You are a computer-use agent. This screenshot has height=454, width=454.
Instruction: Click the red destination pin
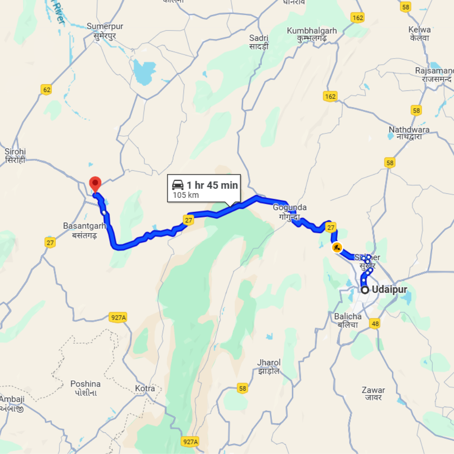pyautogui.click(x=95, y=183)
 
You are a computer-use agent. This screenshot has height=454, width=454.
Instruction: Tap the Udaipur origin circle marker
pyautogui.click(x=365, y=290)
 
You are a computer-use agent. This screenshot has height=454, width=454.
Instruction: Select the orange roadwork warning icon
pyautogui.click(x=337, y=247)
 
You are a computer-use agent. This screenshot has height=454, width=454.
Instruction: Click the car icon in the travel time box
pyautogui.click(x=178, y=185)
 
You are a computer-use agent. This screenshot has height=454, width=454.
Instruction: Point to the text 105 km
pyautogui.click(x=186, y=195)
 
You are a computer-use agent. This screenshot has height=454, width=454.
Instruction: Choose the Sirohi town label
pyautogui.click(x=15, y=156)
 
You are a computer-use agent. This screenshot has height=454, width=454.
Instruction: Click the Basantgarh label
pyautogui.click(x=84, y=230)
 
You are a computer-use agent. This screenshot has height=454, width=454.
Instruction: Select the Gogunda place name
pyautogui.click(x=290, y=212)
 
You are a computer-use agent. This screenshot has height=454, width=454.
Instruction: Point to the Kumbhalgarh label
pyautogui.click(x=312, y=35)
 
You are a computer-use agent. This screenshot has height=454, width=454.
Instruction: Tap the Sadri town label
pyautogui.click(x=259, y=42)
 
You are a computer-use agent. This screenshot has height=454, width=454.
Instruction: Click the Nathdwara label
pyautogui.click(x=409, y=133)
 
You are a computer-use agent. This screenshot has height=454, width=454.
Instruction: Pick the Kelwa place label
pyautogui.click(x=420, y=34)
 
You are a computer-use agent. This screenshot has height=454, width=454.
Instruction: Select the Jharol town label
pyautogui.click(x=269, y=367)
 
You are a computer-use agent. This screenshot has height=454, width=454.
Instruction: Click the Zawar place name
pyautogui.click(x=373, y=394)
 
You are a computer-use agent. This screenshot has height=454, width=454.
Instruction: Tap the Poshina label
pyautogui.click(x=85, y=388)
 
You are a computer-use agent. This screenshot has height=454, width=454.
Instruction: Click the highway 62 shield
pyautogui.click(x=46, y=90)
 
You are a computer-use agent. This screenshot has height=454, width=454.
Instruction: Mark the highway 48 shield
pyautogui.click(x=375, y=324)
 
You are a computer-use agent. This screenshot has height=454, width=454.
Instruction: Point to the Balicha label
pyautogui.click(x=348, y=321)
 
